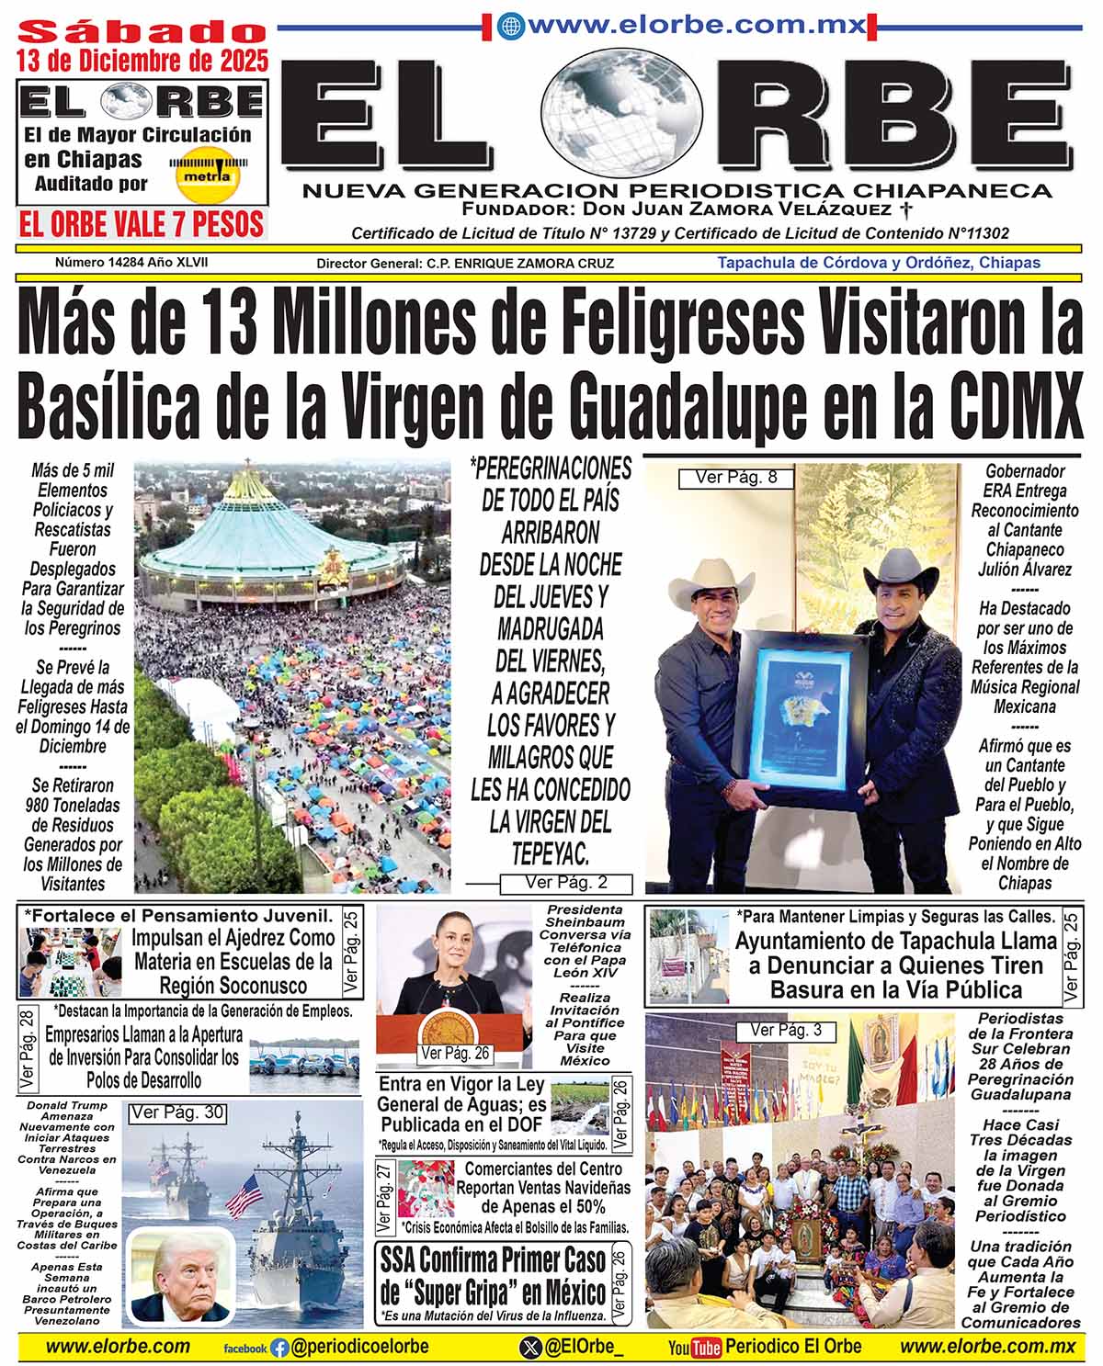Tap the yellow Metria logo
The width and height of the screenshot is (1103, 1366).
206,173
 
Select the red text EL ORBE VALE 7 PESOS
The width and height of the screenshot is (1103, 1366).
142,224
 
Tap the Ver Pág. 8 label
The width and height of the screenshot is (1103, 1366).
735,478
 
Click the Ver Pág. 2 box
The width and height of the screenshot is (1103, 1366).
566,884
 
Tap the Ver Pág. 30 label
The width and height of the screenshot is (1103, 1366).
177,1112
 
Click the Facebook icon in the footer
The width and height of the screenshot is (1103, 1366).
279,1348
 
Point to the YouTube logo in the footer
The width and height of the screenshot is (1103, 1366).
694,1348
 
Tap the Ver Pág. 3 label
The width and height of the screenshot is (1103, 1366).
786,1030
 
